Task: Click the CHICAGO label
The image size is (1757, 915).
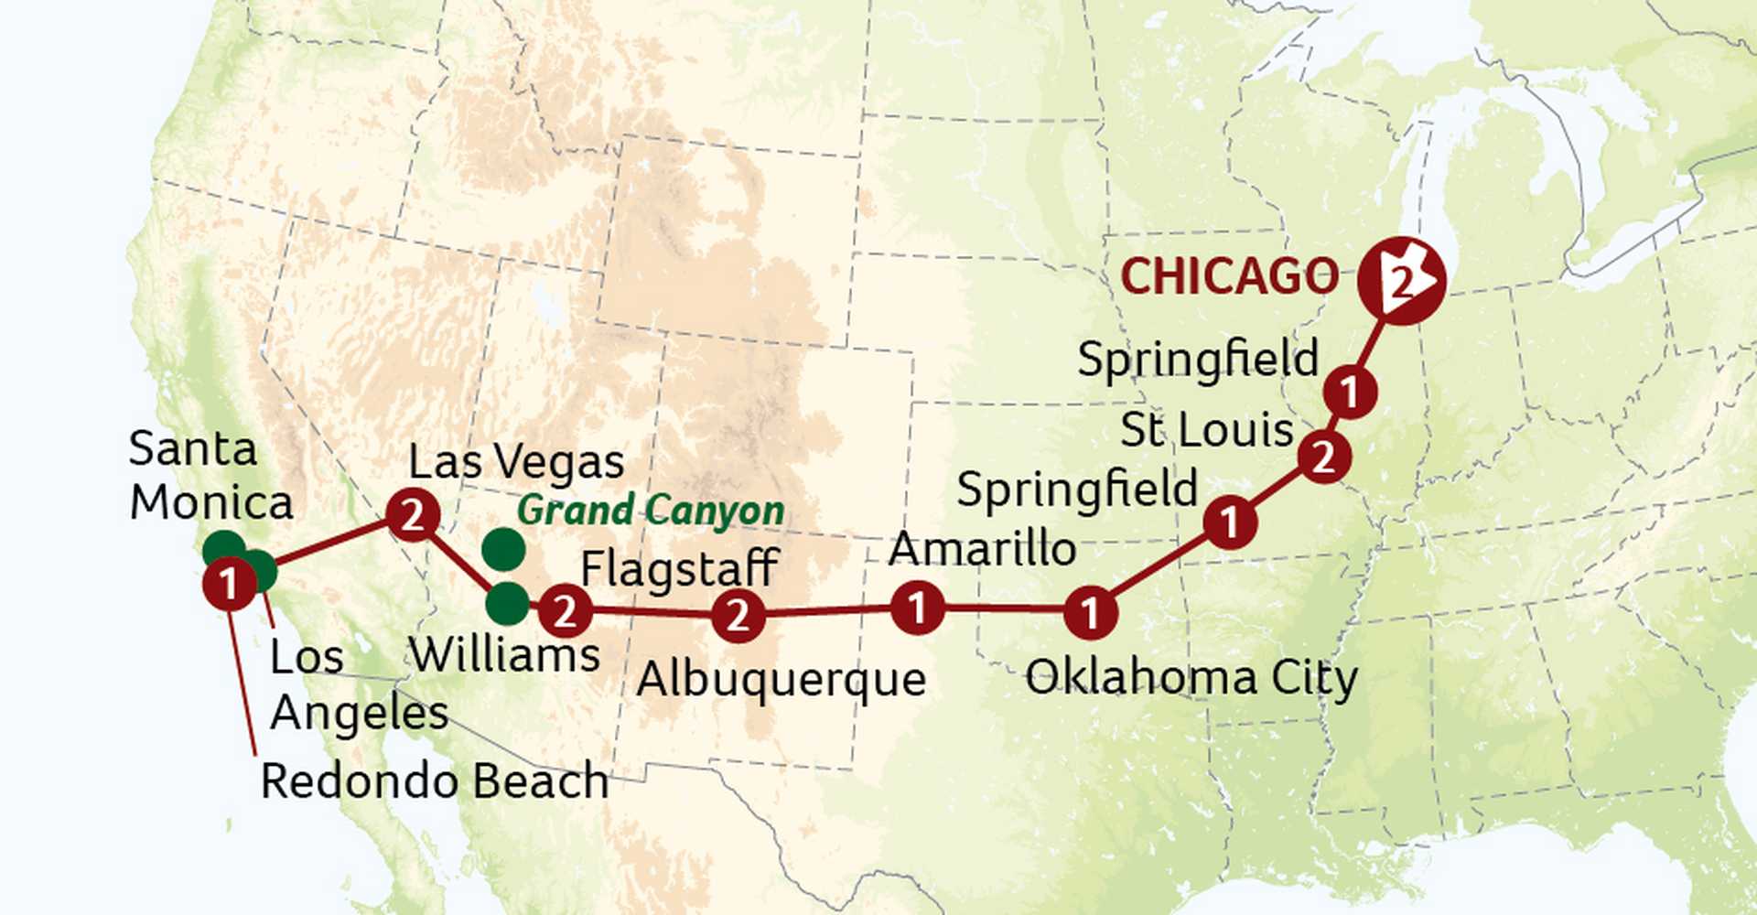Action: click(x=1229, y=276)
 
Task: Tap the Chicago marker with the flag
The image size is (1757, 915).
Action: click(x=1401, y=280)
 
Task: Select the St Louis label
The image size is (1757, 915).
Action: click(x=1206, y=429)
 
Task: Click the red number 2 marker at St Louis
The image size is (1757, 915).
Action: click(x=1324, y=456)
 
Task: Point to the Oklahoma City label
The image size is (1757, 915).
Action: click(x=1191, y=679)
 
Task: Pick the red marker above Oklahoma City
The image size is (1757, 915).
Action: click(x=1090, y=612)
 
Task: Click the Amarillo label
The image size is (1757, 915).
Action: click(x=982, y=549)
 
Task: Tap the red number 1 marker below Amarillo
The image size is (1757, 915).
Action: click(x=917, y=608)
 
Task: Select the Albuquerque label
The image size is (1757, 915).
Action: click(x=781, y=680)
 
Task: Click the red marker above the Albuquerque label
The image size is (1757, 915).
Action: click(x=738, y=615)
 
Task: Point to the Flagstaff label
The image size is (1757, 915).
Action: click(x=679, y=568)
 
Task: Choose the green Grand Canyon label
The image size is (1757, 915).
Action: click(x=650, y=511)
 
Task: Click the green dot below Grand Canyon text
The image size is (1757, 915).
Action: click(x=503, y=549)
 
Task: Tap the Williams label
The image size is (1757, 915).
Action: click(x=504, y=654)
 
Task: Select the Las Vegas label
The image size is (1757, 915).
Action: click(x=516, y=462)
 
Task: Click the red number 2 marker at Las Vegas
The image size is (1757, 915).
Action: click(x=413, y=516)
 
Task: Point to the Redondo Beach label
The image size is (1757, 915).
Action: click(x=435, y=781)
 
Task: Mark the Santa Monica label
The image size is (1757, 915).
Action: click(x=210, y=476)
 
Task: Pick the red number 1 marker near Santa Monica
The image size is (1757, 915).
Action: click(x=229, y=584)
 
